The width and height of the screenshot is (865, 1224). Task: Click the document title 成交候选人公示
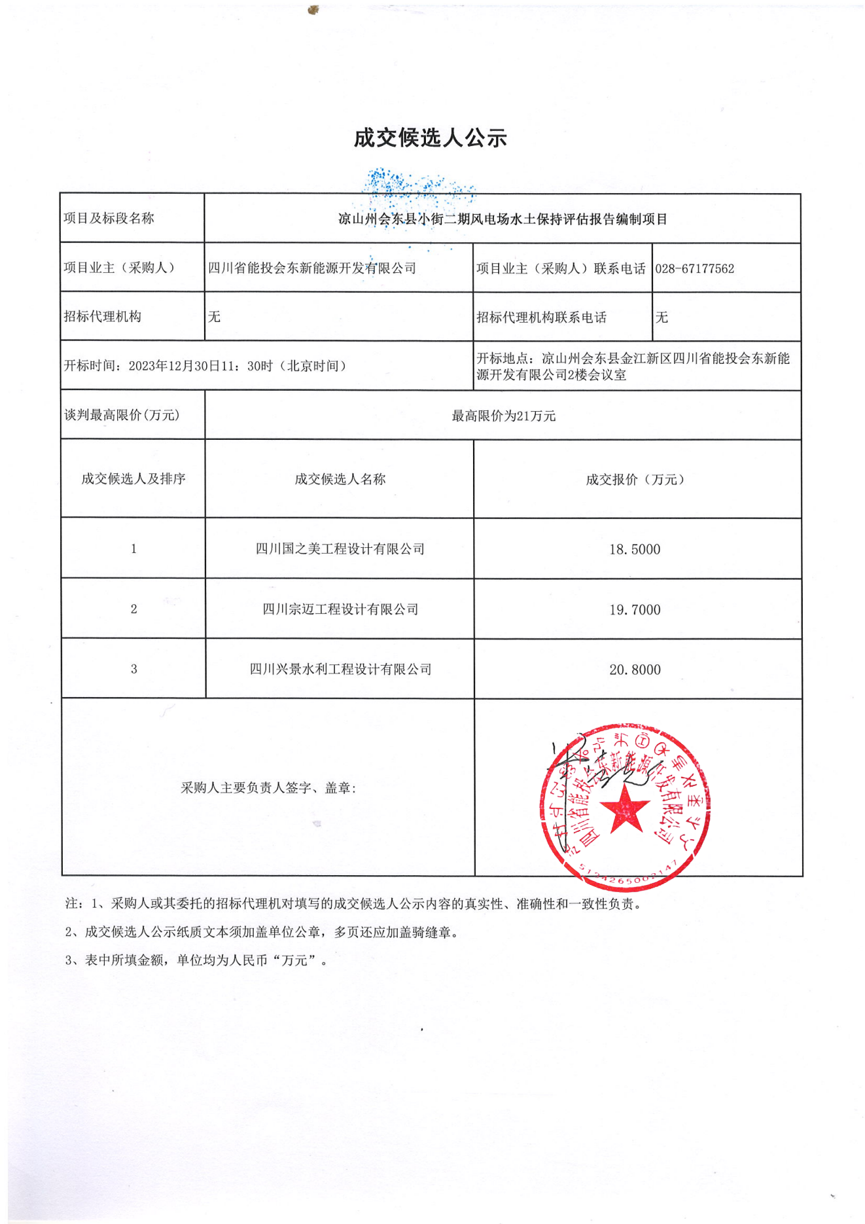click(x=430, y=138)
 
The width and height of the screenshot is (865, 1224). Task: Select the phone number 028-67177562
click(x=694, y=268)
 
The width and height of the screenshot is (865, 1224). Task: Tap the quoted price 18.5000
click(x=635, y=549)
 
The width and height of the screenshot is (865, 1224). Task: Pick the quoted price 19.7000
click(x=635, y=609)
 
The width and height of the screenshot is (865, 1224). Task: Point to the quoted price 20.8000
click(x=635, y=670)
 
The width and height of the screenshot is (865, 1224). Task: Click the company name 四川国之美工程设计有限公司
click(x=340, y=549)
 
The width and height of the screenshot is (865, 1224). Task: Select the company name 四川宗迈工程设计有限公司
click(x=340, y=609)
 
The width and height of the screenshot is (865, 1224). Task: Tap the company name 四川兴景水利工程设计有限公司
click(x=340, y=669)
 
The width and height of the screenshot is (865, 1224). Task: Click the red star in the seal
click(x=625, y=810)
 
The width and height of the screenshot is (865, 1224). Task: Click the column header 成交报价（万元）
click(x=635, y=479)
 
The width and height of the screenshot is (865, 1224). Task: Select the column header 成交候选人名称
click(x=340, y=479)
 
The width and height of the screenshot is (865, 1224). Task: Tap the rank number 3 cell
click(x=133, y=669)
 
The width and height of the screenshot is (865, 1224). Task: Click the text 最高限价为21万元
click(x=503, y=416)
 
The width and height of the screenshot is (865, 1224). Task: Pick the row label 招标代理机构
click(x=102, y=317)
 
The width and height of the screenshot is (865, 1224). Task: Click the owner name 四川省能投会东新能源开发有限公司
click(x=311, y=268)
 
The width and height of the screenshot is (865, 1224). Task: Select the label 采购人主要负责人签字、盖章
click(x=268, y=788)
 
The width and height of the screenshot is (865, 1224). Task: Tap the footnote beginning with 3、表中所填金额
click(x=196, y=960)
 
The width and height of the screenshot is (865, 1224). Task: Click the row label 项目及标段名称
click(x=109, y=219)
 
